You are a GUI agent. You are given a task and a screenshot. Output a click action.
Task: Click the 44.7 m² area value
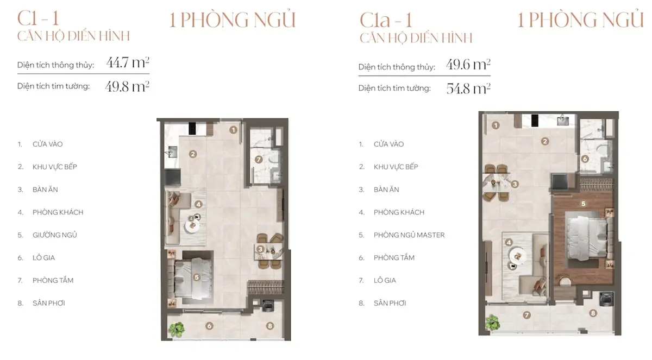pos(128,62)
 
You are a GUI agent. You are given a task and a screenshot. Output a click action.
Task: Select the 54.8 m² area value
pos(468,89)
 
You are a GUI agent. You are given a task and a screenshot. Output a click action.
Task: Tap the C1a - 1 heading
pos(386,20)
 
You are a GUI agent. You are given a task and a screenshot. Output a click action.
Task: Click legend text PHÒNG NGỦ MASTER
pos(409,235)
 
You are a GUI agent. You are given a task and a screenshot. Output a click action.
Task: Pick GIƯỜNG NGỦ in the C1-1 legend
pos(55,235)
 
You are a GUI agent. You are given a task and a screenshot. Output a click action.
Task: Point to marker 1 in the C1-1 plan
pos(233,130)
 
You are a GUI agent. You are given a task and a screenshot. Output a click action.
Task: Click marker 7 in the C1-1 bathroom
pos(259,159)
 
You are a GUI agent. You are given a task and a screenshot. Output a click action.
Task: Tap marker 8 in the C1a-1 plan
pos(593,313)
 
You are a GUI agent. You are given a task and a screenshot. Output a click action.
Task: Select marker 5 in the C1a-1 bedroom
pos(583,204)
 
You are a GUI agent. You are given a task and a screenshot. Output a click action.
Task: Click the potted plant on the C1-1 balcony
pos(177,329)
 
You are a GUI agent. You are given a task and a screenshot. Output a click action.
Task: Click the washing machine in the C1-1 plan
pos(268,305)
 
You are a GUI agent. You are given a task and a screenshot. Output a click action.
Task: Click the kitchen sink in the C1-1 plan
pos(172,152)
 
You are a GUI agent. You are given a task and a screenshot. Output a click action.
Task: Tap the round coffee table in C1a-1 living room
pos(517,256)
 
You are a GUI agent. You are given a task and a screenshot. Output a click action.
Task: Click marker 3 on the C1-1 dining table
pos(260,249)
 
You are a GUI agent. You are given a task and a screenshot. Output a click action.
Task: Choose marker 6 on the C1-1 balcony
pos(209,326)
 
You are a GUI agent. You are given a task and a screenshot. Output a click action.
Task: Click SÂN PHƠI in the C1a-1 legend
pos(390,304)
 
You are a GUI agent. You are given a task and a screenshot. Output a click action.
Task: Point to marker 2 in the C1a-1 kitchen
pos(545,141)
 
